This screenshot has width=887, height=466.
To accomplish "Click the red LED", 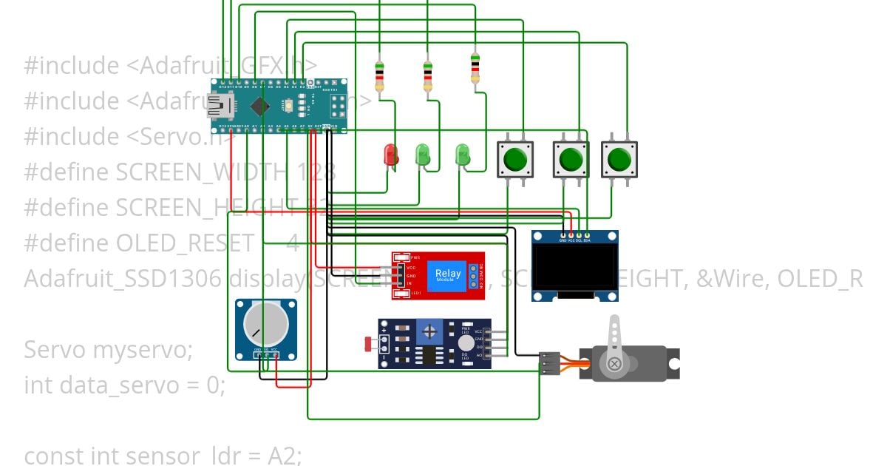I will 390,155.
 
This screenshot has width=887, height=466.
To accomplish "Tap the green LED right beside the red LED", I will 423,155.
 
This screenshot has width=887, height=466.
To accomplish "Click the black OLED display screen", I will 575,267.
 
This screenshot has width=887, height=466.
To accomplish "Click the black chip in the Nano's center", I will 259,107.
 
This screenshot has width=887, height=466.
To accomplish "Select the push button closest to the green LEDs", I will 515,158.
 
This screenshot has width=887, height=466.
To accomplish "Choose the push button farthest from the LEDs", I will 619,158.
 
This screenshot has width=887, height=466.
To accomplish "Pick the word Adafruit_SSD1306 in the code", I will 123,279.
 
